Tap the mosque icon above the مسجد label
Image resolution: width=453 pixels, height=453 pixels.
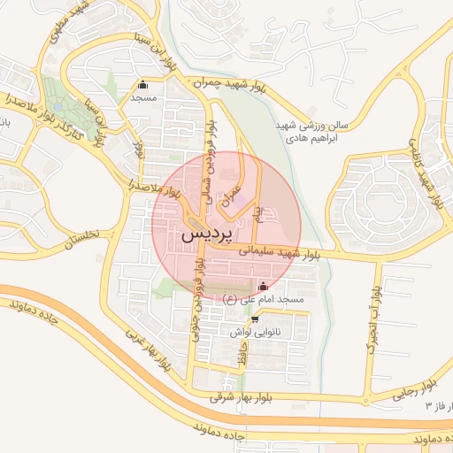pyautogui.click(x=142, y=86)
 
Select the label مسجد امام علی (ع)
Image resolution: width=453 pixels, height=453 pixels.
pyautogui.click(x=263, y=301)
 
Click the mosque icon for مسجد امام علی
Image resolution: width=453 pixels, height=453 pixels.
pyautogui.click(x=263, y=287)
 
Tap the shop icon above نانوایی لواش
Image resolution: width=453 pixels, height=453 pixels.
pyautogui.click(x=256, y=319)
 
